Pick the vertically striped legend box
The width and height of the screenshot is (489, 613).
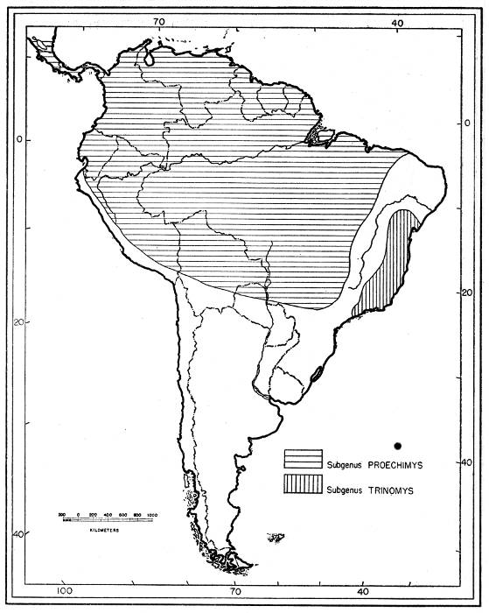pos(303,484)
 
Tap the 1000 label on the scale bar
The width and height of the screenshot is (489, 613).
pos(151,515)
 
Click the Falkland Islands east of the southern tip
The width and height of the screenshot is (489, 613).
pos(276,536)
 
